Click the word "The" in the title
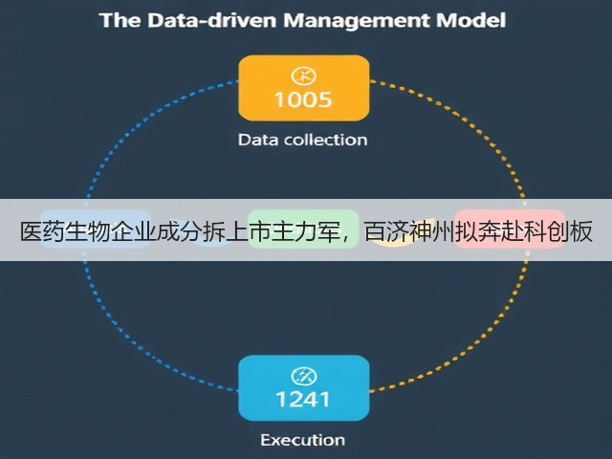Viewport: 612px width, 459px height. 120,20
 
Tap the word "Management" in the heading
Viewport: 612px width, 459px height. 356,21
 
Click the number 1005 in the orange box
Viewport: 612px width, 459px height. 303,99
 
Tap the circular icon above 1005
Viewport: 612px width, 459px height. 304,76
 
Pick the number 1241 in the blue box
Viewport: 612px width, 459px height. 303,400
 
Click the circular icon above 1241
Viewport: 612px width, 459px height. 304,376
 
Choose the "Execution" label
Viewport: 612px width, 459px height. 303,440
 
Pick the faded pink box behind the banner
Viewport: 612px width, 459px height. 510,229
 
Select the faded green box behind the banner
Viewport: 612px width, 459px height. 303,229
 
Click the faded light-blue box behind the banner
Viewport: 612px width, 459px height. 96,229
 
